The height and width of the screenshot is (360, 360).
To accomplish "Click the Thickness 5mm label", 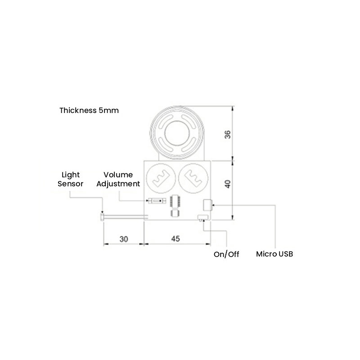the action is tap(89, 110).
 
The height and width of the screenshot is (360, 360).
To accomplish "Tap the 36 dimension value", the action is tap(228, 134).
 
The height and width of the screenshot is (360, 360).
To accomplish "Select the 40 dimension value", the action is tap(228, 184).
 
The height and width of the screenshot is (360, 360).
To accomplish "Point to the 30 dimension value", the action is tap(124, 239).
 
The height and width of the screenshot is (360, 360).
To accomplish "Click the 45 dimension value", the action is tap(175, 239).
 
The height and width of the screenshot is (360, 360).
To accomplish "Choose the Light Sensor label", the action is tap(71, 179).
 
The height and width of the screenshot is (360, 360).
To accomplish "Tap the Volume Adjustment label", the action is tap(118, 179).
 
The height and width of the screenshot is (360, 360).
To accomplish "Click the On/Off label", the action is tap(226, 254).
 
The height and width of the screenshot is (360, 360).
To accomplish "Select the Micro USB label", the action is tap(274, 254).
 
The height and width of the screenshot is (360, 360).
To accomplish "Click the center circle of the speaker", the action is tap(177, 133).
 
